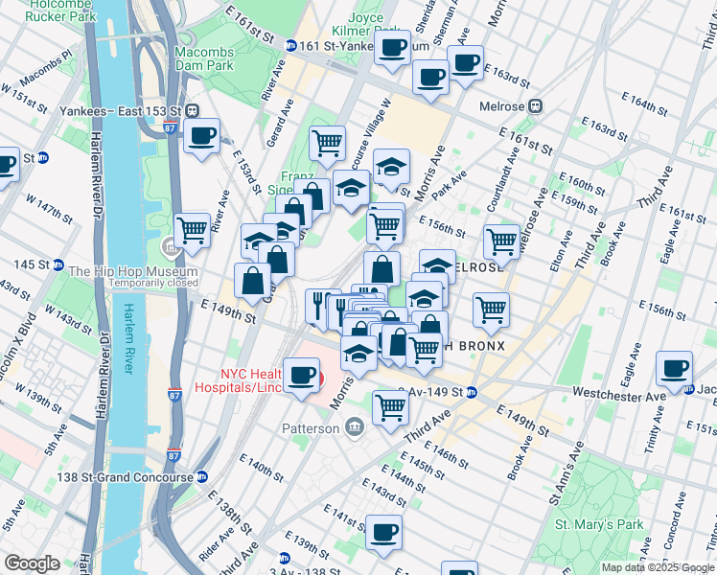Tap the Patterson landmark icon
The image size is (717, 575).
(x=354, y=427)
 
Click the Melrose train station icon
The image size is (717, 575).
(x=537, y=106)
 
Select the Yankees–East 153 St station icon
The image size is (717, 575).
(x=193, y=108)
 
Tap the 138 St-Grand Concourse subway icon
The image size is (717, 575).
(x=202, y=476)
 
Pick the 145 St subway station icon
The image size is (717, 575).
(x=58, y=264)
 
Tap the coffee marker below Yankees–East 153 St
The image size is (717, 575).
(x=201, y=136)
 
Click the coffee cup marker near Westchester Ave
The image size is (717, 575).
(x=674, y=368)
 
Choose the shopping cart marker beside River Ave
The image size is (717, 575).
(x=193, y=229)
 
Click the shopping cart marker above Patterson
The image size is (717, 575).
(x=390, y=406)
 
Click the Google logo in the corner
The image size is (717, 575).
(x=32, y=563)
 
